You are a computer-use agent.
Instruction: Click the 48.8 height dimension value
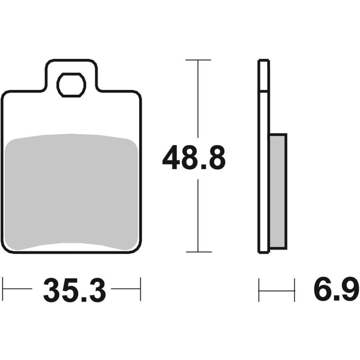(194, 158)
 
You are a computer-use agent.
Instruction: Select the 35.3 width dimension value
(75, 290)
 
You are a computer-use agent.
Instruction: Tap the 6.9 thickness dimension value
(336, 290)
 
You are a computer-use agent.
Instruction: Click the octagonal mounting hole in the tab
(72, 85)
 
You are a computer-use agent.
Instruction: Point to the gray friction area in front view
(72, 192)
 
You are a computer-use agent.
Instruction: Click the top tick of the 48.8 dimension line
(198, 60)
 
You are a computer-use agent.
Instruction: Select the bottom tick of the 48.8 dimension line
(199, 252)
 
